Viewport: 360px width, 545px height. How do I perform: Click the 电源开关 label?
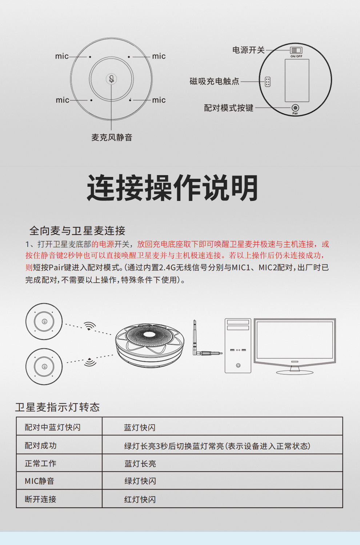click(x=248, y=50)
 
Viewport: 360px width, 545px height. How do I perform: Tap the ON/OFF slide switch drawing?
click(x=296, y=51)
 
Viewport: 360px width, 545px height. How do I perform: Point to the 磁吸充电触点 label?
click(x=214, y=81)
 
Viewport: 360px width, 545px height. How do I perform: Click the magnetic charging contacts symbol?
click(x=268, y=82)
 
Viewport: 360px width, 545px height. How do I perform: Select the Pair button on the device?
click(x=295, y=108)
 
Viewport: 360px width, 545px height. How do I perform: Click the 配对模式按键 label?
click(x=229, y=108)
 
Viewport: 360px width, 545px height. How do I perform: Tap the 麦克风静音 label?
click(x=112, y=137)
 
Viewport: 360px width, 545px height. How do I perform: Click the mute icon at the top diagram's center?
click(x=111, y=79)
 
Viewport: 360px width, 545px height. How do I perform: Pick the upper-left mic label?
click(x=62, y=56)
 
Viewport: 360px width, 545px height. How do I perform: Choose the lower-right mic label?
click(x=159, y=100)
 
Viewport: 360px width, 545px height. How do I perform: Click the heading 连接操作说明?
click(x=172, y=187)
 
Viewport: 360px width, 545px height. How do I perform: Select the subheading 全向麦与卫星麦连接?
click(x=77, y=231)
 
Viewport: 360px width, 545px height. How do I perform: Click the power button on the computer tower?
click(x=238, y=365)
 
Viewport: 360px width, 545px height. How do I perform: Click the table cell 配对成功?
click(x=40, y=445)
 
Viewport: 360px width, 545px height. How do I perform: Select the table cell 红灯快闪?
click(x=140, y=500)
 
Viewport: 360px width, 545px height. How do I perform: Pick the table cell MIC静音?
click(x=39, y=481)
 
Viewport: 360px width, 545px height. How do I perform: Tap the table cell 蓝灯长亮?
click(x=140, y=464)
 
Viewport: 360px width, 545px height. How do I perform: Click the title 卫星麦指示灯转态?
click(x=57, y=407)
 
